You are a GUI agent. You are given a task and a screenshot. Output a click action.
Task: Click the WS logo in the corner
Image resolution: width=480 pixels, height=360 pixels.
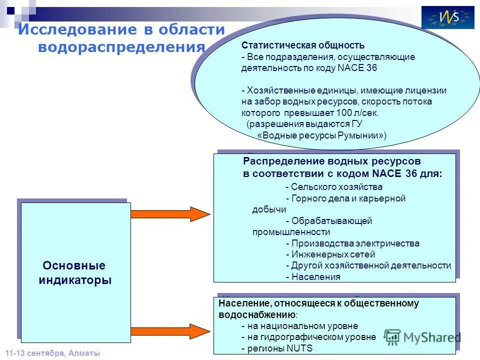point(447,17)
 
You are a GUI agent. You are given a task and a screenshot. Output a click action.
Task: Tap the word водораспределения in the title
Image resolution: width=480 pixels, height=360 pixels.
point(121,47)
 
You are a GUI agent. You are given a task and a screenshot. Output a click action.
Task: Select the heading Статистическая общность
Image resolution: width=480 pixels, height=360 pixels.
point(303,45)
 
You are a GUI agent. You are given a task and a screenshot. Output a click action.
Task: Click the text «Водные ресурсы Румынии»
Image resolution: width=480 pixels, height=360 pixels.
point(321,135)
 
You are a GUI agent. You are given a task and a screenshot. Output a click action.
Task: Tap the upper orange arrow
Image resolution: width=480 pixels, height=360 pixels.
point(170,214)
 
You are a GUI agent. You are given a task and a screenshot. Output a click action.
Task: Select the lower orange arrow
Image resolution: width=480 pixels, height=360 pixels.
point(170,330)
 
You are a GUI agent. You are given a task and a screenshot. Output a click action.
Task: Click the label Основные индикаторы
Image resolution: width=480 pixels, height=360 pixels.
point(74,272)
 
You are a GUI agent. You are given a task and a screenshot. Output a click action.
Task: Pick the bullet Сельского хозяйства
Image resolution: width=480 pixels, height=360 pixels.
point(334,187)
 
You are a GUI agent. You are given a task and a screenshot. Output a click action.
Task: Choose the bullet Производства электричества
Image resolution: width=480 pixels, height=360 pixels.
point(352,243)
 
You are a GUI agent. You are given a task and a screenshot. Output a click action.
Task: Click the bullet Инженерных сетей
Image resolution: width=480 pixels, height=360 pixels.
point(330,254)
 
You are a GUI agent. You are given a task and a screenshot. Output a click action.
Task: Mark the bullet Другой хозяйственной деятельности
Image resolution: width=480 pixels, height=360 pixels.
point(368,265)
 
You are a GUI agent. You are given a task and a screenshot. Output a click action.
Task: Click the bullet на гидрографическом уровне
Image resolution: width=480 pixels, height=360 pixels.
point(308,337)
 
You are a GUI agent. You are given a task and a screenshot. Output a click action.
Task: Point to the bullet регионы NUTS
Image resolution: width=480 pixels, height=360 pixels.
point(276,348)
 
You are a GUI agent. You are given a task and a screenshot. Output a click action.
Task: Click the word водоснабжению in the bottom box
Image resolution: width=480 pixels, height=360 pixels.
point(257,314)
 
